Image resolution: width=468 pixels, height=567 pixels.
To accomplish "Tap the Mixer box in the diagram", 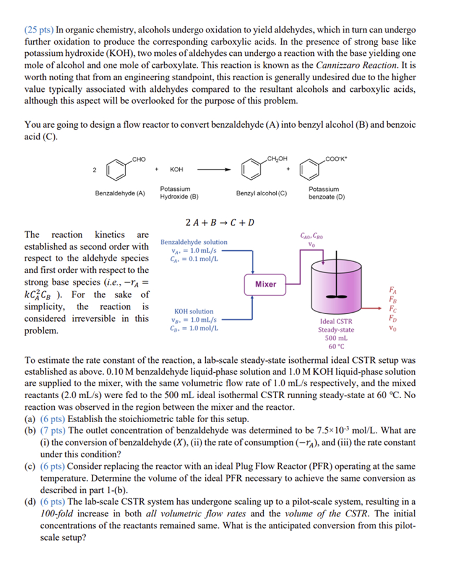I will coord(266,284).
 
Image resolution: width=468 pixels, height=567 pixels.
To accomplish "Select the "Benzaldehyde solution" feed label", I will coord(193,242).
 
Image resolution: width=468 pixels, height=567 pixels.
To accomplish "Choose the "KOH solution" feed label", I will coord(193,311).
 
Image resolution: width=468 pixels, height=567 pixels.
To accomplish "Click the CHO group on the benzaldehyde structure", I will coord(139,159).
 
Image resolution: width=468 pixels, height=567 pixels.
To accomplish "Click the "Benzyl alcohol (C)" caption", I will coord(261,193).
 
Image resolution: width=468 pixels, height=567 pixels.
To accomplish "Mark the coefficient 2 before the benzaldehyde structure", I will coord(94,170).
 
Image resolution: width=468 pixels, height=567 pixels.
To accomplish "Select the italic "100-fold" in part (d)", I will coord(55,514).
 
